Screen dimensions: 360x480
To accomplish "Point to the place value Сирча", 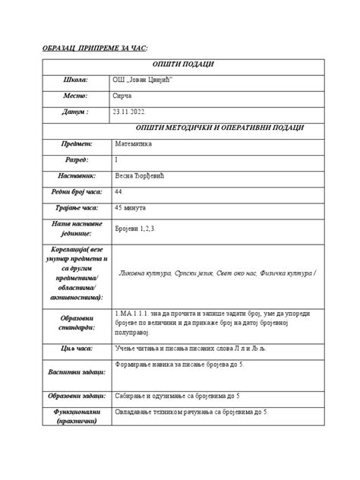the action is click(124, 96).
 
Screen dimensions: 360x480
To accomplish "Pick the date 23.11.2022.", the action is click(134, 112).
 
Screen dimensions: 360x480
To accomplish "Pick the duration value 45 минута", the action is click(135, 207).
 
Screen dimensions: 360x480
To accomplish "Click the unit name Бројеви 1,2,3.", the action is click(140, 229).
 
